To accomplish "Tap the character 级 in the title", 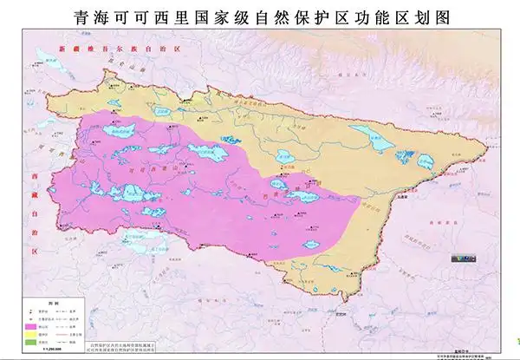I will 250,16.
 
